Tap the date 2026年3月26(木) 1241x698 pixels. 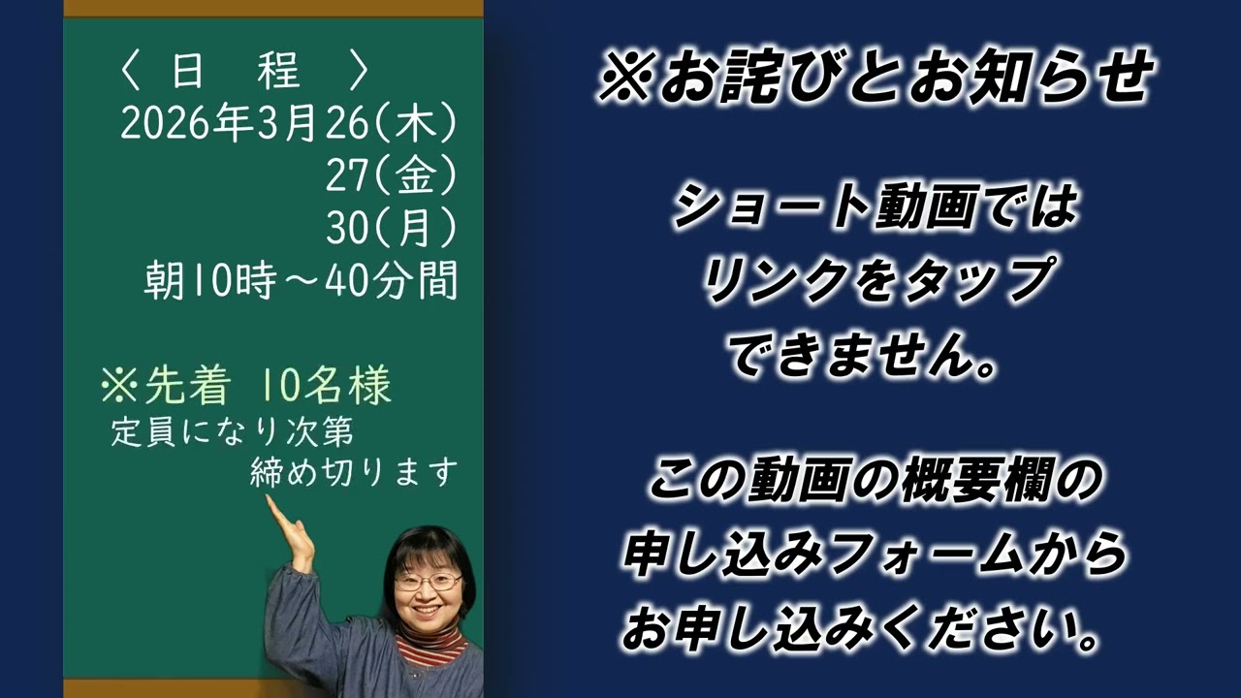pos(288,124)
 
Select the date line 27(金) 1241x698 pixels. pos(391,176)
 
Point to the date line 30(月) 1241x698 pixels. pos(391,229)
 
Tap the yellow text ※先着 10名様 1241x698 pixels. pos(246,387)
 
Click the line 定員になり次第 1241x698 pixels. pos(239,431)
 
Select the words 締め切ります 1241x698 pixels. pos(354,472)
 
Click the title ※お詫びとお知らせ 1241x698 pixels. pos(875,78)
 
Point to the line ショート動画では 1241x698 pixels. pos(875,207)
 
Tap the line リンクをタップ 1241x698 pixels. pos(875,281)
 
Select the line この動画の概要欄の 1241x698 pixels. pos(875,481)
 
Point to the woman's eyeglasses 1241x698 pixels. pos(428,582)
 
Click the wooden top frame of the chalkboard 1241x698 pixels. pos(272,8)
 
